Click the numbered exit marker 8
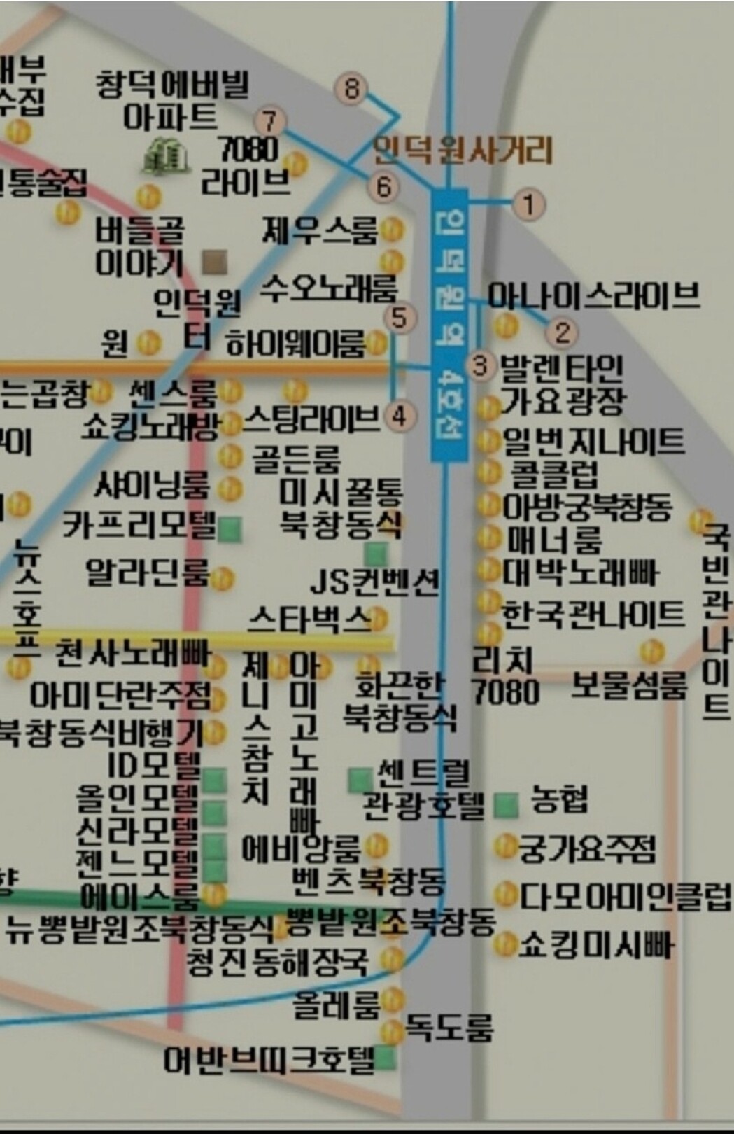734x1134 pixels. point(351,88)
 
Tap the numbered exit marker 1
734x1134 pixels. point(529,204)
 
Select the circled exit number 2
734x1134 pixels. point(562,332)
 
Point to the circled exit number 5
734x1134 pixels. point(400,318)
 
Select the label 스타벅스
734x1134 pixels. point(309,619)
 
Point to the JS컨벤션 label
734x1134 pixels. point(374,582)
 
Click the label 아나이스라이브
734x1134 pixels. point(593,295)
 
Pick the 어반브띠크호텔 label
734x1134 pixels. point(269,1059)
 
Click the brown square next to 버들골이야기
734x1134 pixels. point(214,262)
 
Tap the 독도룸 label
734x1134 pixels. point(450,1028)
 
